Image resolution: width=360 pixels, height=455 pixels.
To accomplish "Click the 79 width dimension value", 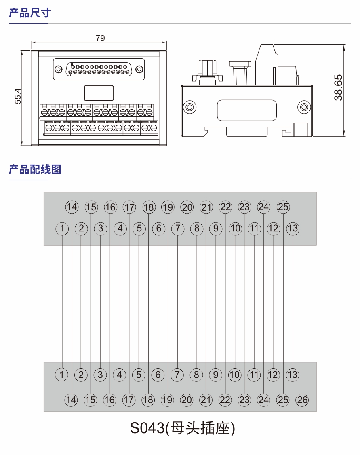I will tap(100, 38).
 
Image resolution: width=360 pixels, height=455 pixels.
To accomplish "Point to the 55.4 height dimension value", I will tap(18, 96).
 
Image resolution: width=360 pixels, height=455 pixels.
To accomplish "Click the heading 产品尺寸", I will tap(29, 13).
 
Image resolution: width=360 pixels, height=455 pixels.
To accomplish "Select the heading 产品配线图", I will tap(35, 169).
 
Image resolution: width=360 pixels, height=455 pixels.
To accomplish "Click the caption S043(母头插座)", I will tap(182, 427).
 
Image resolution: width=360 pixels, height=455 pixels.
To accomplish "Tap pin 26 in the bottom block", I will tap(302, 400).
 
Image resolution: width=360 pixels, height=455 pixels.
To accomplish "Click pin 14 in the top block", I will tap(72, 207).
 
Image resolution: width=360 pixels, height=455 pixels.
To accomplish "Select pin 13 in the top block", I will tap(293, 229).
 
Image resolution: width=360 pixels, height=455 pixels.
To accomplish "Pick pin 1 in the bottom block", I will tap(62, 375).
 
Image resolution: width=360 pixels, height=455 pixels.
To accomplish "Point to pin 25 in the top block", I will tap(283, 207).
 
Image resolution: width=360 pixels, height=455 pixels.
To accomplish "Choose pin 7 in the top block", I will tap(177, 229).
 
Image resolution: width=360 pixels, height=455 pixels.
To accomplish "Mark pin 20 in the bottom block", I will tap(187, 400).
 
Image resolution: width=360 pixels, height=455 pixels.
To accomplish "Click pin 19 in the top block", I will tap(168, 207).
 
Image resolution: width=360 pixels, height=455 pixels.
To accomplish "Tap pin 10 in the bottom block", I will tap(235, 375).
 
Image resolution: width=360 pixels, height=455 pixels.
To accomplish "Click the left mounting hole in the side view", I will tap(189, 107).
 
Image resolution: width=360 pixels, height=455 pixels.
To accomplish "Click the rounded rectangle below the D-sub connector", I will tap(99, 93).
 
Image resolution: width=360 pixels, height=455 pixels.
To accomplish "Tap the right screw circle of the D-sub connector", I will tap(139, 69).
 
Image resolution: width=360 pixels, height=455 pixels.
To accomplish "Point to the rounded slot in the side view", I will tap(247, 110).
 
